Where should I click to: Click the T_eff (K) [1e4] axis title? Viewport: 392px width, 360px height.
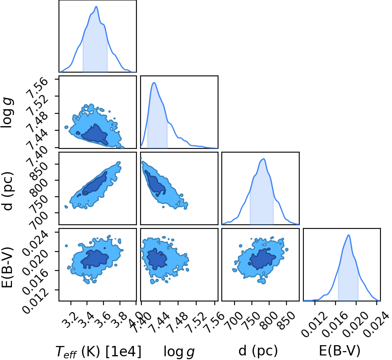pyautogui.click(x=98, y=351)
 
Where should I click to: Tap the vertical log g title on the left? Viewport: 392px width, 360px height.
pyautogui.click(x=7, y=113)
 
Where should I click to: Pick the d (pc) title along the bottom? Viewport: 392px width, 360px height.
pyautogui.click(x=258, y=351)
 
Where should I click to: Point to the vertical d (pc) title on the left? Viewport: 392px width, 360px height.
pyautogui.click(x=7, y=191)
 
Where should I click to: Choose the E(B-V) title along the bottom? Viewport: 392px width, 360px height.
pyautogui.click(x=340, y=351)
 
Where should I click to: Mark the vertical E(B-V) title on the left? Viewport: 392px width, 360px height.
pyautogui.click(x=7, y=267)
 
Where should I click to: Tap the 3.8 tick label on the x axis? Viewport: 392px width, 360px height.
pyautogui.click(x=117, y=316)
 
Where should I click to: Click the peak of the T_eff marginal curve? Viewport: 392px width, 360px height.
pyautogui.click(x=96, y=7)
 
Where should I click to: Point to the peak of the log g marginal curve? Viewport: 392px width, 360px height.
pyautogui.click(x=154, y=82)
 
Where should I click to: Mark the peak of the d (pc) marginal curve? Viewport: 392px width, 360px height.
pyautogui.click(x=263, y=159)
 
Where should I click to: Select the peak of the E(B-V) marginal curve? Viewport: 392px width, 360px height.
pyautogui.click(x=348, y=235)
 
